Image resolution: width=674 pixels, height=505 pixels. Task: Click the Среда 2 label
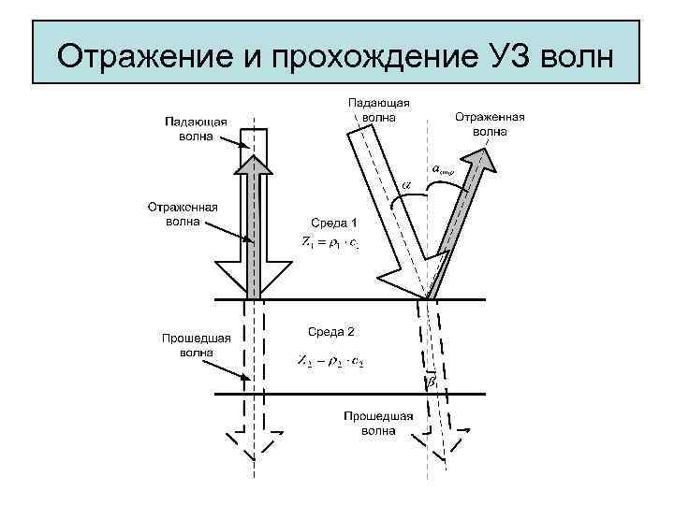[331, 331]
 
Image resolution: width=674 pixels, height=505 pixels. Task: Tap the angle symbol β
[432, 382]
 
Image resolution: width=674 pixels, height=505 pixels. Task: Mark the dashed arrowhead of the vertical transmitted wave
[252, 445]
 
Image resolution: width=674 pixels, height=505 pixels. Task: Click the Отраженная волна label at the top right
[490, 124]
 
